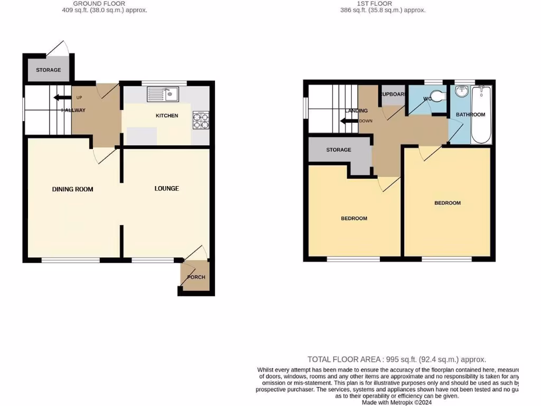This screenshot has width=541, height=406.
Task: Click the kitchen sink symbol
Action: pos(163,95)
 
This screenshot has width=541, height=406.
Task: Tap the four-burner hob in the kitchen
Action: pos(201,121)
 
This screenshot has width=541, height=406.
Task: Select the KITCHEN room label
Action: pos(166,116)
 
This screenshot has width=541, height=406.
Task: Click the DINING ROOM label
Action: pos(72,189)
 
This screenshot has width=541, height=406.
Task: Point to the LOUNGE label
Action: pos(166,189)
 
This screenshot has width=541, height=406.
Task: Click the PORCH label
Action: pos(196,277)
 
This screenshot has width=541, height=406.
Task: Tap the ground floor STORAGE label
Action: pos(48,70)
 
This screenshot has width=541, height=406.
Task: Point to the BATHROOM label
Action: pos(471,115)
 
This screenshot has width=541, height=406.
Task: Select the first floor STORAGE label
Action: pos(339,150)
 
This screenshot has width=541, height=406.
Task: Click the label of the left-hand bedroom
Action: pos(353,218)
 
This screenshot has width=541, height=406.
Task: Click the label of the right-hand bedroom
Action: pos(447,203)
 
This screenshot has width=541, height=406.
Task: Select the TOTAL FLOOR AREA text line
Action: pos(397,359)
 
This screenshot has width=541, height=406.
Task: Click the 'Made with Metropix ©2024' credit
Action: pos(397,402)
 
